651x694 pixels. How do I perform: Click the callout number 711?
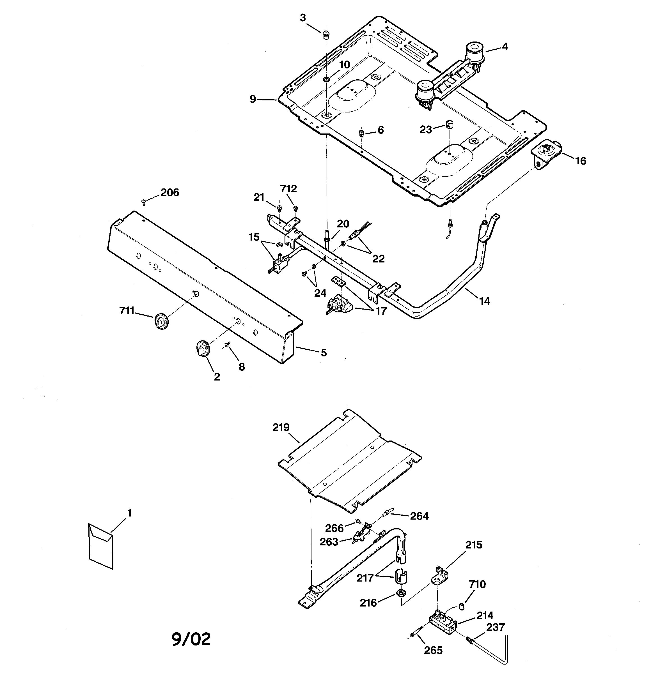[x=127, y=310]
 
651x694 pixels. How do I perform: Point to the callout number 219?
[x=281, y=427]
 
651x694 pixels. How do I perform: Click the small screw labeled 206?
[x=144, y=201]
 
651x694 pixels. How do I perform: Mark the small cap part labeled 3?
[x=326, y=34]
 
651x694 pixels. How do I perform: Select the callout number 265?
[x=433, y=650]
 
